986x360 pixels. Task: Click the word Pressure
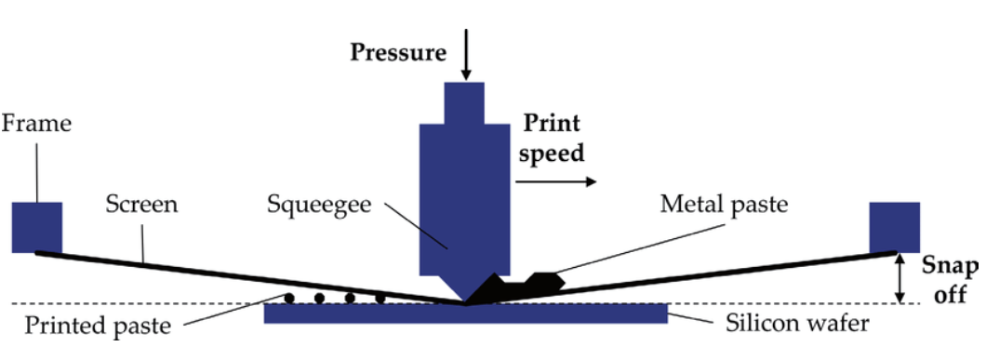[x=397, y=52]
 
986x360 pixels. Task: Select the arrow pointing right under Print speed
[x=555, y=182]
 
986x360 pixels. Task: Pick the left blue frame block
[x=37, y=226]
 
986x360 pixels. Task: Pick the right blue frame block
[x=894, y=226]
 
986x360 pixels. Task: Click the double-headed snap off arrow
[x=898, y=277]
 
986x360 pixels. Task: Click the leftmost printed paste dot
[x=289, y=299]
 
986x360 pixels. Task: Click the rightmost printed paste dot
[x=380, y=299]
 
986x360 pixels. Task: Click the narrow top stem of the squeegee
[x=464, y=104]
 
